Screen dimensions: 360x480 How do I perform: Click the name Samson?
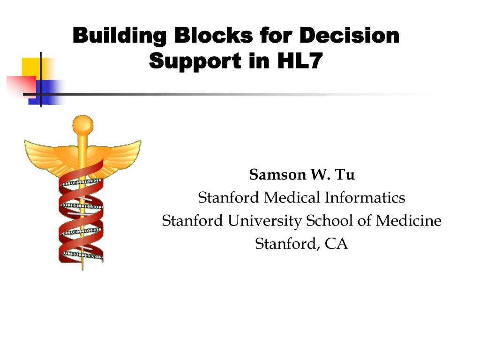[x=276, y=175]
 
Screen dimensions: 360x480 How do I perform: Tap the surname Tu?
[x=345, y=175]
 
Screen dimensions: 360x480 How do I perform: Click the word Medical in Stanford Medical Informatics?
[x=292, y=198]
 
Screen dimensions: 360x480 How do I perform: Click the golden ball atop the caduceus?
[x=82, y=124]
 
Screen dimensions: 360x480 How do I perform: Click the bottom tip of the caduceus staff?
[x=82, y=268]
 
